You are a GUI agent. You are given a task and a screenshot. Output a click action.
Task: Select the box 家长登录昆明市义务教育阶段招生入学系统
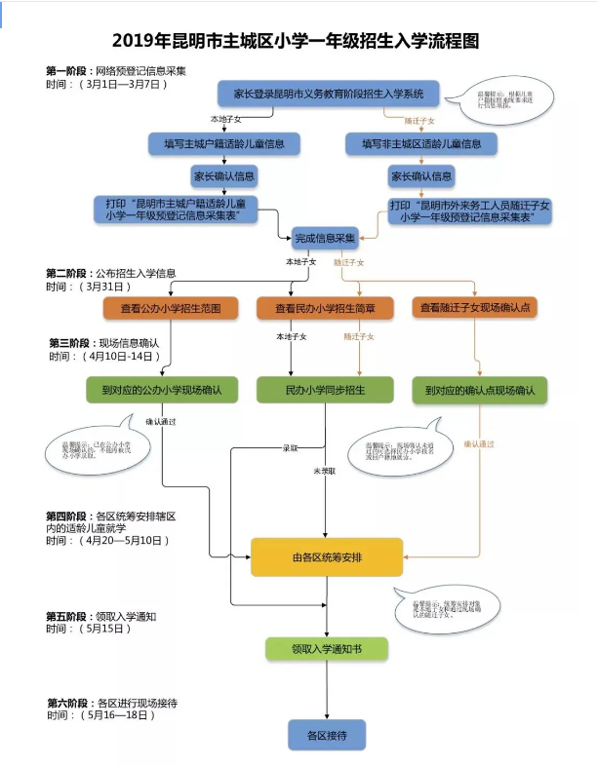(328, 94)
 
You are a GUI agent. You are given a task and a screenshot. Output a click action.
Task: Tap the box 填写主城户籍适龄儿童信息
(224, 143)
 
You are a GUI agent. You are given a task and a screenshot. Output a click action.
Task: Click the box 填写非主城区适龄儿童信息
(421, 143)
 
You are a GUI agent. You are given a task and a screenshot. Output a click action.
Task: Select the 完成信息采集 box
(325, 237)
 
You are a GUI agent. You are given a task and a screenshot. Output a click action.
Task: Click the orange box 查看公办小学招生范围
(172, 308)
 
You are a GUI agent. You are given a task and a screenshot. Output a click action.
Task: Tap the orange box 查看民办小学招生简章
(326, 308)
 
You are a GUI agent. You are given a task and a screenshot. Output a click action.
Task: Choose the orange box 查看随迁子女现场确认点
(474, 308)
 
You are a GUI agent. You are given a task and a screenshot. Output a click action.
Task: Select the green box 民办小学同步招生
(326, 390)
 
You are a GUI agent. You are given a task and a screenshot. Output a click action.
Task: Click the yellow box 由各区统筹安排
(327, 557)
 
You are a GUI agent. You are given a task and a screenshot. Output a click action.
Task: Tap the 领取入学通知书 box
(326, 648)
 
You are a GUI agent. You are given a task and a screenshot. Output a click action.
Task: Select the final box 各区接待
(327, 733)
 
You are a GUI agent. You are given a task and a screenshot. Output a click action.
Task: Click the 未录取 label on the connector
(324, 471)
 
